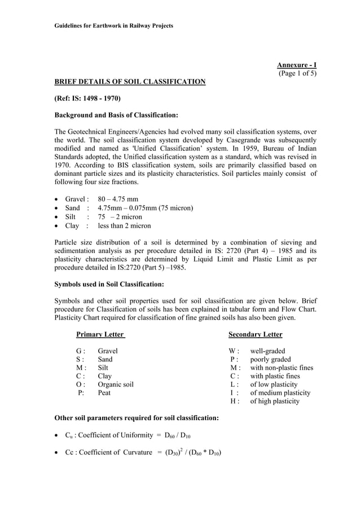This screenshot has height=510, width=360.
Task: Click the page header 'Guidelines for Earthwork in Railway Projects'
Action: tap(113, 26)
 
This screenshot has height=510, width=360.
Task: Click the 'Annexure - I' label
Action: tap(296, 65)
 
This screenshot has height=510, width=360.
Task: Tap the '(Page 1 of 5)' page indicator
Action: tap(297, 73)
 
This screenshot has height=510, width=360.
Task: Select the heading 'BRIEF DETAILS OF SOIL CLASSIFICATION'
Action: tap(129, 82)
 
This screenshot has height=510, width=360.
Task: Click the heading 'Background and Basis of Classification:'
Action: tap(116, 115)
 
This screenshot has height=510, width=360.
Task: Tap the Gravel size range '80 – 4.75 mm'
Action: tap(117, 199)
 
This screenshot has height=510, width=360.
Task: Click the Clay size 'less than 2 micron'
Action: tap(124, 225)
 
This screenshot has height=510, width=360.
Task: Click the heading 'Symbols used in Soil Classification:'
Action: tap(108, 284)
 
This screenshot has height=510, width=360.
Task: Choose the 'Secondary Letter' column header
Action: tap(255, 334)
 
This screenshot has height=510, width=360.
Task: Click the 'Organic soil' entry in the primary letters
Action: tap(115, 385)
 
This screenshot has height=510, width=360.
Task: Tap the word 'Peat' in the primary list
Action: tap(104, 393)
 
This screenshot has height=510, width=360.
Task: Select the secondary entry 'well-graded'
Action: tap(267, 351)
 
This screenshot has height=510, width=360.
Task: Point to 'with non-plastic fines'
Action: tap(281, 368)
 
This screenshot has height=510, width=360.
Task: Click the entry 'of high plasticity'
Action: tap(275, 402)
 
